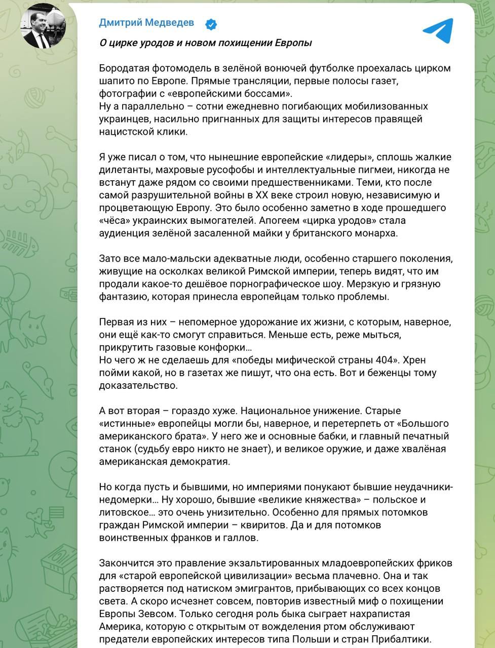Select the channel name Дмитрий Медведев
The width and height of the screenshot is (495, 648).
coord(146,23)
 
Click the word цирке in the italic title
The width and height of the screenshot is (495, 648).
coord(122,43)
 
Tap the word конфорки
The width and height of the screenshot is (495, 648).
coord(221,347)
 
